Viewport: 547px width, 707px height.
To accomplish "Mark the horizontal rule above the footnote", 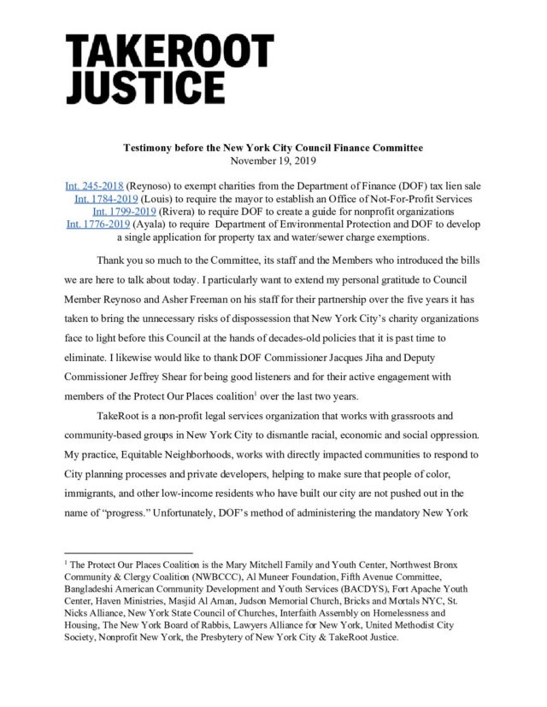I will point(128,552).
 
